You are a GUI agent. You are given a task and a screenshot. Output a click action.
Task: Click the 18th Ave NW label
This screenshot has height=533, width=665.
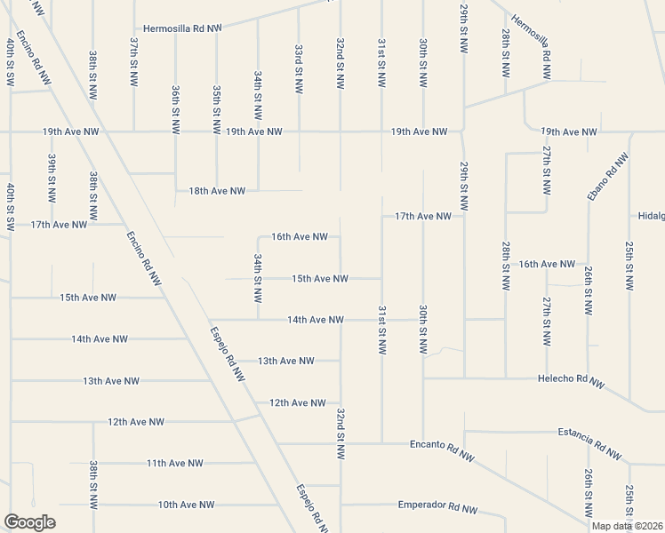coord(217,191)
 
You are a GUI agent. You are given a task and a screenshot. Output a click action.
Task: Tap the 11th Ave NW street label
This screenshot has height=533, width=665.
coord(175,463)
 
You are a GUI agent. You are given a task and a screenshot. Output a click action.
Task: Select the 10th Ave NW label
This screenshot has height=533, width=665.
coord(187,505)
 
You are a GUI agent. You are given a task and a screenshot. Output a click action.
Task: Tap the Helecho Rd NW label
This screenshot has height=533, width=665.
coord(571,381)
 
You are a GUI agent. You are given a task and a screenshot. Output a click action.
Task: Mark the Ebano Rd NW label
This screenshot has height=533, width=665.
coord(608,177)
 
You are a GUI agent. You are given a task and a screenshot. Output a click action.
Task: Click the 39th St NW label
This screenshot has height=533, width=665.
coord(52,176)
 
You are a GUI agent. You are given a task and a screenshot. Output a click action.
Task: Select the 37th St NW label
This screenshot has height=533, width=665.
coord(133,54)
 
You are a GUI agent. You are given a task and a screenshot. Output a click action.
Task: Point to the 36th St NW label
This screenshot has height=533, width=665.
coord(175,107)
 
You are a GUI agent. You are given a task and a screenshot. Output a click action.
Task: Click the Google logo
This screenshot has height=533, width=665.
coord(29,522)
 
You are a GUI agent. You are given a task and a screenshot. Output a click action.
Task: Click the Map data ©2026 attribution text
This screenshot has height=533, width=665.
coord(628,526)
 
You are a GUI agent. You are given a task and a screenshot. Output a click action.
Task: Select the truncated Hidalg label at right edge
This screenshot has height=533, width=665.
coord(651,216)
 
